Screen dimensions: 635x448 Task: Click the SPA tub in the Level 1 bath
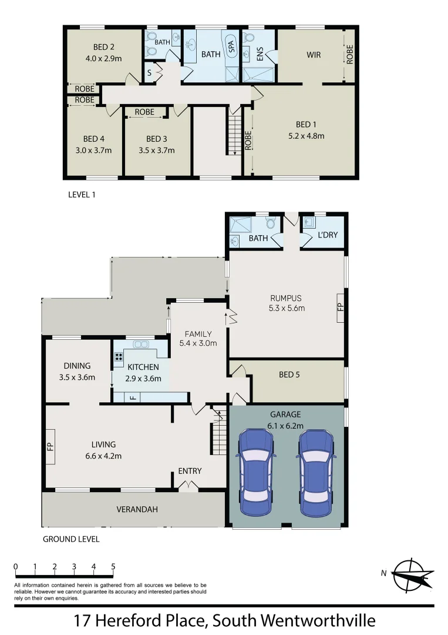click(231, 45)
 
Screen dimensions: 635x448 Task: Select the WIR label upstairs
click(313, 55)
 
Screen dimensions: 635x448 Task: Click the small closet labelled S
click(150, 73)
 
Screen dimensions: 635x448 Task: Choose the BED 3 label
click(153, 139)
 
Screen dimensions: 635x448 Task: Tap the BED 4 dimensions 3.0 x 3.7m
click(94, 150)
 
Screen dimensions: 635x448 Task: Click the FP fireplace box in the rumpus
click(340, 307)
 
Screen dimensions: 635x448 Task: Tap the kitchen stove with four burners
click(119, 356)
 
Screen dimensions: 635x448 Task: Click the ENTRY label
click(190, 471)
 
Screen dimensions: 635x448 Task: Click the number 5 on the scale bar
click(113, 567)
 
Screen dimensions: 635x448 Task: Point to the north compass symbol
click(412, 574)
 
